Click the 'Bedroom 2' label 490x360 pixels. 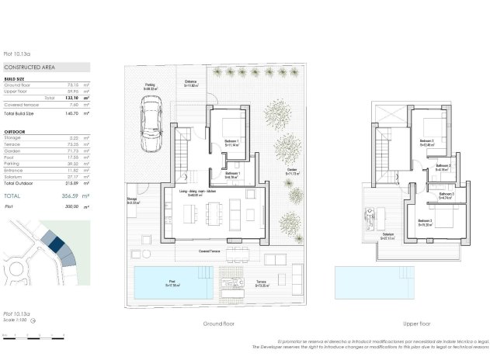(426, 142)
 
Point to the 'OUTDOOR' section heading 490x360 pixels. (15, 133)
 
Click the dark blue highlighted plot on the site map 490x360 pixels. (55, 244)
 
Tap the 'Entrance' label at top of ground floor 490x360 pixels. (191, 83)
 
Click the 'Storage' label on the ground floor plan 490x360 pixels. (132, 201)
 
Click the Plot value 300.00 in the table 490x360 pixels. (74, 207)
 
